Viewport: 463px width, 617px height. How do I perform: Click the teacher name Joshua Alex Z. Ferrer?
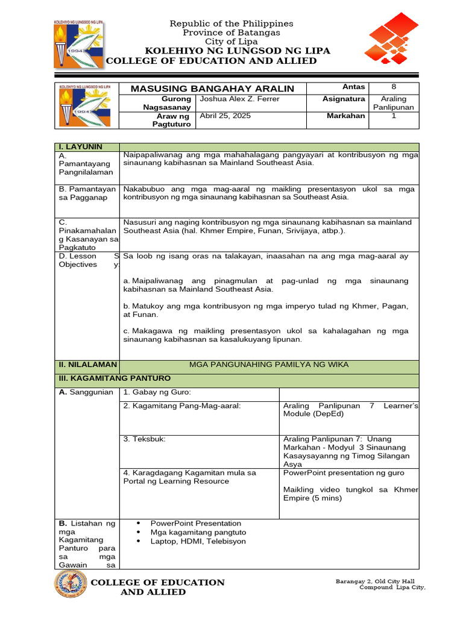[x=240, y=99]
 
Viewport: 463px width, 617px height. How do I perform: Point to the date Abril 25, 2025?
[x=225, y=116]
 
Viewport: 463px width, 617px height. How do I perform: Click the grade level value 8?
[x=394, y=87]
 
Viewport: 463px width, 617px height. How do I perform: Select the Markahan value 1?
[x=394, y=116]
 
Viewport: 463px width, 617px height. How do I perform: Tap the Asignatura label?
[x=344, y=99]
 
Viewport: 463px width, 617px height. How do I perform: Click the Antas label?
[x=353, y=87]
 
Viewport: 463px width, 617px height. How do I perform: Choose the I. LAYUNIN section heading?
[x=80, y=147]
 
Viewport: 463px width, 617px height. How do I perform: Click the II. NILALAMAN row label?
[x=84, y=365]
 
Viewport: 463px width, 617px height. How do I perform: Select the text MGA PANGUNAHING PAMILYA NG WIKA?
[x=269, y=365]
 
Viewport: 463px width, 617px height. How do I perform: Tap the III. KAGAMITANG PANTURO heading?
[x=114, y=378]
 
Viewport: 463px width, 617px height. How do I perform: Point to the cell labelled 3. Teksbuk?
[x=144, y=439]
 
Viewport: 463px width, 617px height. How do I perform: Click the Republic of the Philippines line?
[x=231, y=23]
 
